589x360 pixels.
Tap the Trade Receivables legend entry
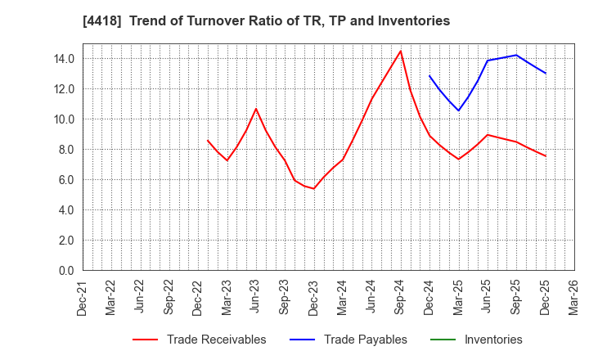coord(216,340)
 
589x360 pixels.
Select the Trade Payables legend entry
coord(364,340)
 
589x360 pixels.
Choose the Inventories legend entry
coord(492,340)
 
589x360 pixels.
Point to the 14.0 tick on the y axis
coord(65,59)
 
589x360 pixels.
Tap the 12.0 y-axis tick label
coord(65,89)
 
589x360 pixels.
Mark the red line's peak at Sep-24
coord(400,51)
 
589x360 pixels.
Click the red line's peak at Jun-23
coord(255,109)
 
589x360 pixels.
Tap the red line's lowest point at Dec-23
coord(313,189)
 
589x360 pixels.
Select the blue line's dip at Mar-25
coord(458,111)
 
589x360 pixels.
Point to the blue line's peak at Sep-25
coord(516,55)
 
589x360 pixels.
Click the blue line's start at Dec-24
coord(429,75)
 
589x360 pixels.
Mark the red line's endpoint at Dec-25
coord(546,156)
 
